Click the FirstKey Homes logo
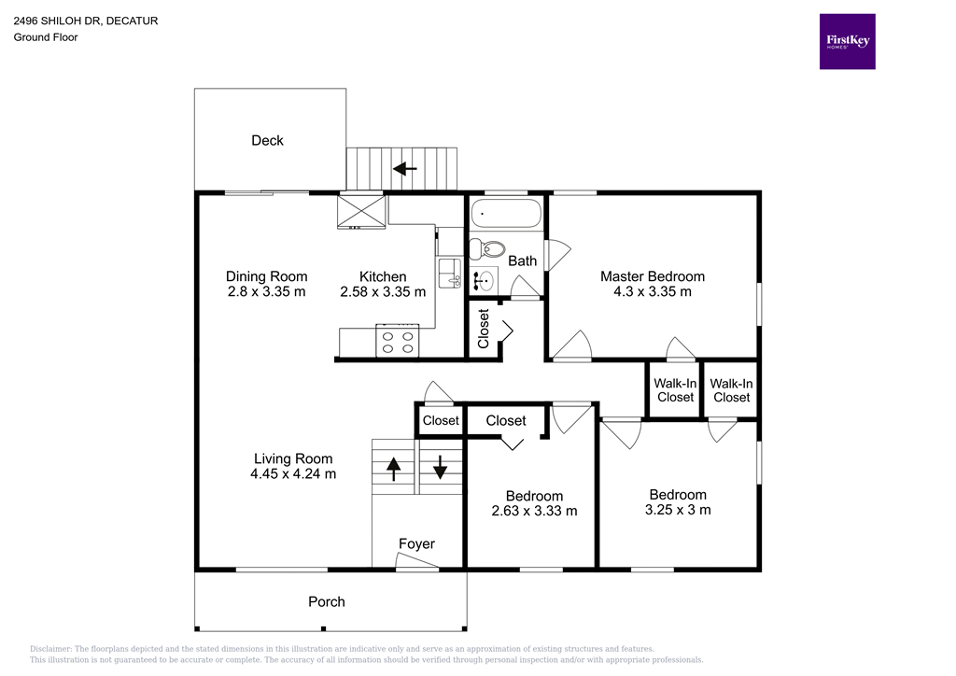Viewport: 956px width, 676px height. coord(847,41)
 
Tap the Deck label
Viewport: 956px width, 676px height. coord(267,140)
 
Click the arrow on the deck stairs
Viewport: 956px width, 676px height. coord(404,169)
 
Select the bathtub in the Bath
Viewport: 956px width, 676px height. coord(505,214)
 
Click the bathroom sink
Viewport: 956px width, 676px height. coord(484,279)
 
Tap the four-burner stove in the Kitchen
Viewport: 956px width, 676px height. coord(397,340)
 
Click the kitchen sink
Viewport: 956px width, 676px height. coord(450,273)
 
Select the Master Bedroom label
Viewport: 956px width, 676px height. coord(652,276)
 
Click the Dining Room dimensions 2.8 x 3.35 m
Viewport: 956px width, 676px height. coord(266,291)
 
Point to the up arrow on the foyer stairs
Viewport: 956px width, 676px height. coord(393,467)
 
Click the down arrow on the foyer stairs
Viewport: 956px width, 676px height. coord(439,467)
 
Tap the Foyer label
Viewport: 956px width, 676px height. coord(416,543)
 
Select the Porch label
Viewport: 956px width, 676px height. coord(327,601)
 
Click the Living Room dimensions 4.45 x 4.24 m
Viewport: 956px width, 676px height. coord(293,473)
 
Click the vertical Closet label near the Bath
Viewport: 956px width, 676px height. coord(484,329)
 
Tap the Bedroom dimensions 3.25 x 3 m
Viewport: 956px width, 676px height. coord(678,510)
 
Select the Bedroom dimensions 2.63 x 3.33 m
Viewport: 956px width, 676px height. coord(534,511)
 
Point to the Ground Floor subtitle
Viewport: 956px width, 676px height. coord(46,37)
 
